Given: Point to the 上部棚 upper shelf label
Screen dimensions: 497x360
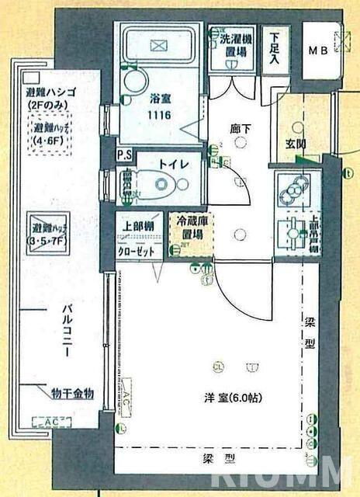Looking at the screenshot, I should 137,227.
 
